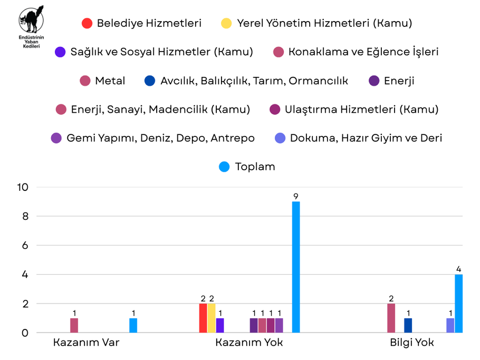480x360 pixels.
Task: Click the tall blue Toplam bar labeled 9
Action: point(296,267)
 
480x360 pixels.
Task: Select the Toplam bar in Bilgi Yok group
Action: point(458,304)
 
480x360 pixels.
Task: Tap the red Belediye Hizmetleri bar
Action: point(203,318)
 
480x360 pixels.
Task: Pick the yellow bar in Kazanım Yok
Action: point(212,318)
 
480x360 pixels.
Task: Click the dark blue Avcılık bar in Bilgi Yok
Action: point(408,326)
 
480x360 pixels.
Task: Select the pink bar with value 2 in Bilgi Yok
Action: point(391,318)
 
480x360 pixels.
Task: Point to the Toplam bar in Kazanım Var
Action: point(133,326)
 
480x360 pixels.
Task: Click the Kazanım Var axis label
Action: point(86,343)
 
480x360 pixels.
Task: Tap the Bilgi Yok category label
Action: point(411,343)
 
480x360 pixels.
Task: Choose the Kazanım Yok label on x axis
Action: point(248,343)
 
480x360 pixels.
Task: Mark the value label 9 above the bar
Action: point(296,197)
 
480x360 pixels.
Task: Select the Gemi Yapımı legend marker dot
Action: point(56,138)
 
